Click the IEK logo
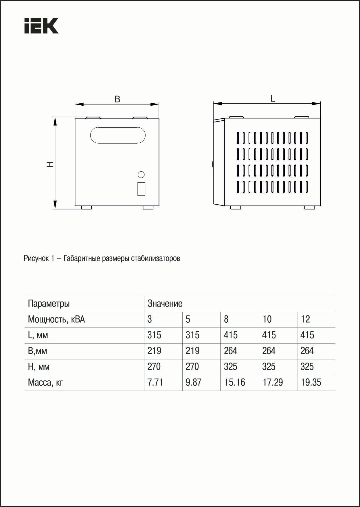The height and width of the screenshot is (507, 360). click(41, 25)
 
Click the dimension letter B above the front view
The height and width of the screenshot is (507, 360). click(117, 99)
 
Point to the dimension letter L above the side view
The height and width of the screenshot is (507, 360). click(273, 99)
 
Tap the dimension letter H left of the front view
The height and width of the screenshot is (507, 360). click(50, 164)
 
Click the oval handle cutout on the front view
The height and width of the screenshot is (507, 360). click(118, 135)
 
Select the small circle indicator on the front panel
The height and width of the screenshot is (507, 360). click(141, 174)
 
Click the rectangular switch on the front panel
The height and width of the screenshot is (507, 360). click(141, 189)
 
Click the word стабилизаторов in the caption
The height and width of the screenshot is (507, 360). click(155, 258)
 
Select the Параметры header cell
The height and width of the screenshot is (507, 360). click(49, 304)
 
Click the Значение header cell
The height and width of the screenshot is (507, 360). click(165, 304)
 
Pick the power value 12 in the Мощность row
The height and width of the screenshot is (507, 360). click(305, 319)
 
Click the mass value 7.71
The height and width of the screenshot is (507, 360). click(155, 383)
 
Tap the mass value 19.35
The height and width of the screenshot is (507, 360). click(311, 383)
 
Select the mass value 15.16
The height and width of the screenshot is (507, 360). click(234, 383)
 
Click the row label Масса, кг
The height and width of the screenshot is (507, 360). click(45, 383)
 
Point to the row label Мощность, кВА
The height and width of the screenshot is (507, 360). click(56, 319)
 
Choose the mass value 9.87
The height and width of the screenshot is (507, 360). click(193, 383)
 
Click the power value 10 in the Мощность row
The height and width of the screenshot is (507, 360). click(267, 319)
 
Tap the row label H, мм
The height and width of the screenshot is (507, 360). click(38, 367)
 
